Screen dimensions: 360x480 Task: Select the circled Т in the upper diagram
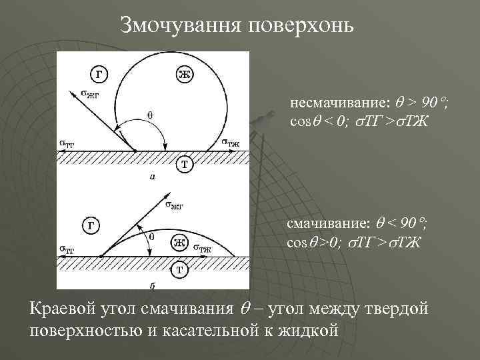click(x=185, y=163)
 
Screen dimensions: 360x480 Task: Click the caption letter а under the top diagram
click(x=153, y=178)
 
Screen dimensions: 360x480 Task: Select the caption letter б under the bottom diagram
click(x=153, y=285)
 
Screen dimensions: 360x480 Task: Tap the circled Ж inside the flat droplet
click(x=179, y=242)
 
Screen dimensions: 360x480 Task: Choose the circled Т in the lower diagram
click(x=179, y=269)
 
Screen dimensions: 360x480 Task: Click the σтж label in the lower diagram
click(x=203, y=248)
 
